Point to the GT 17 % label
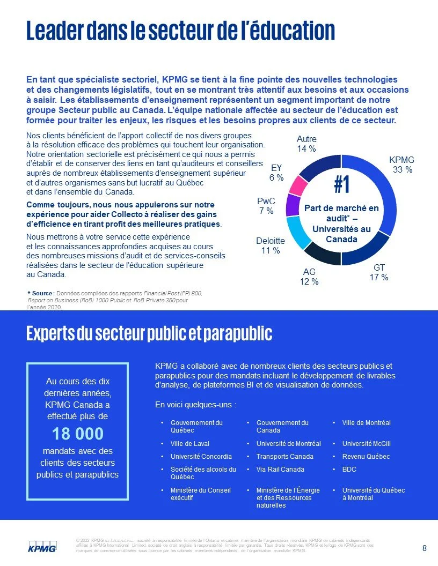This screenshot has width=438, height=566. coord(379,272)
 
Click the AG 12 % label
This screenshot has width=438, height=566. coord(309,276)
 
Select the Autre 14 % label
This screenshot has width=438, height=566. coord(306,144)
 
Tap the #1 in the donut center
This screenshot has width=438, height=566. coord(342,185)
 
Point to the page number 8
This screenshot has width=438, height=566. coord(425,548)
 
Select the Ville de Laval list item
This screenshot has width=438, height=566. coord(190,444)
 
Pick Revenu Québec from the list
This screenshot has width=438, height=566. coord(366,457)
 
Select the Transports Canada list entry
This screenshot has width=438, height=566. coord(282,457)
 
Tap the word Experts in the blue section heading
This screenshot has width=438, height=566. coord(50,333)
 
